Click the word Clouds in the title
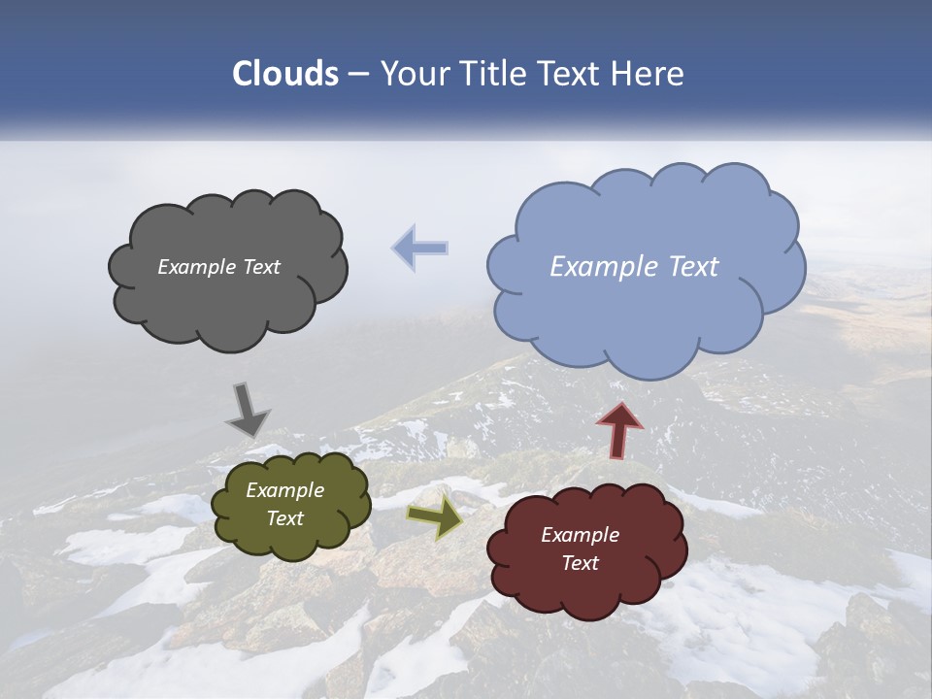click(285, 74)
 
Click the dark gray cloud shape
click(227, 301)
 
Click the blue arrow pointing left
click(420, 249)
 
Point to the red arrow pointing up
click(619, 429)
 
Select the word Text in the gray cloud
click(261, 267)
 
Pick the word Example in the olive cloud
click(284, 490)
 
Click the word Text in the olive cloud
click(284, 518)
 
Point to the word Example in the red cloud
click(580, 535)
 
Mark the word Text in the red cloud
click(580, 563)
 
